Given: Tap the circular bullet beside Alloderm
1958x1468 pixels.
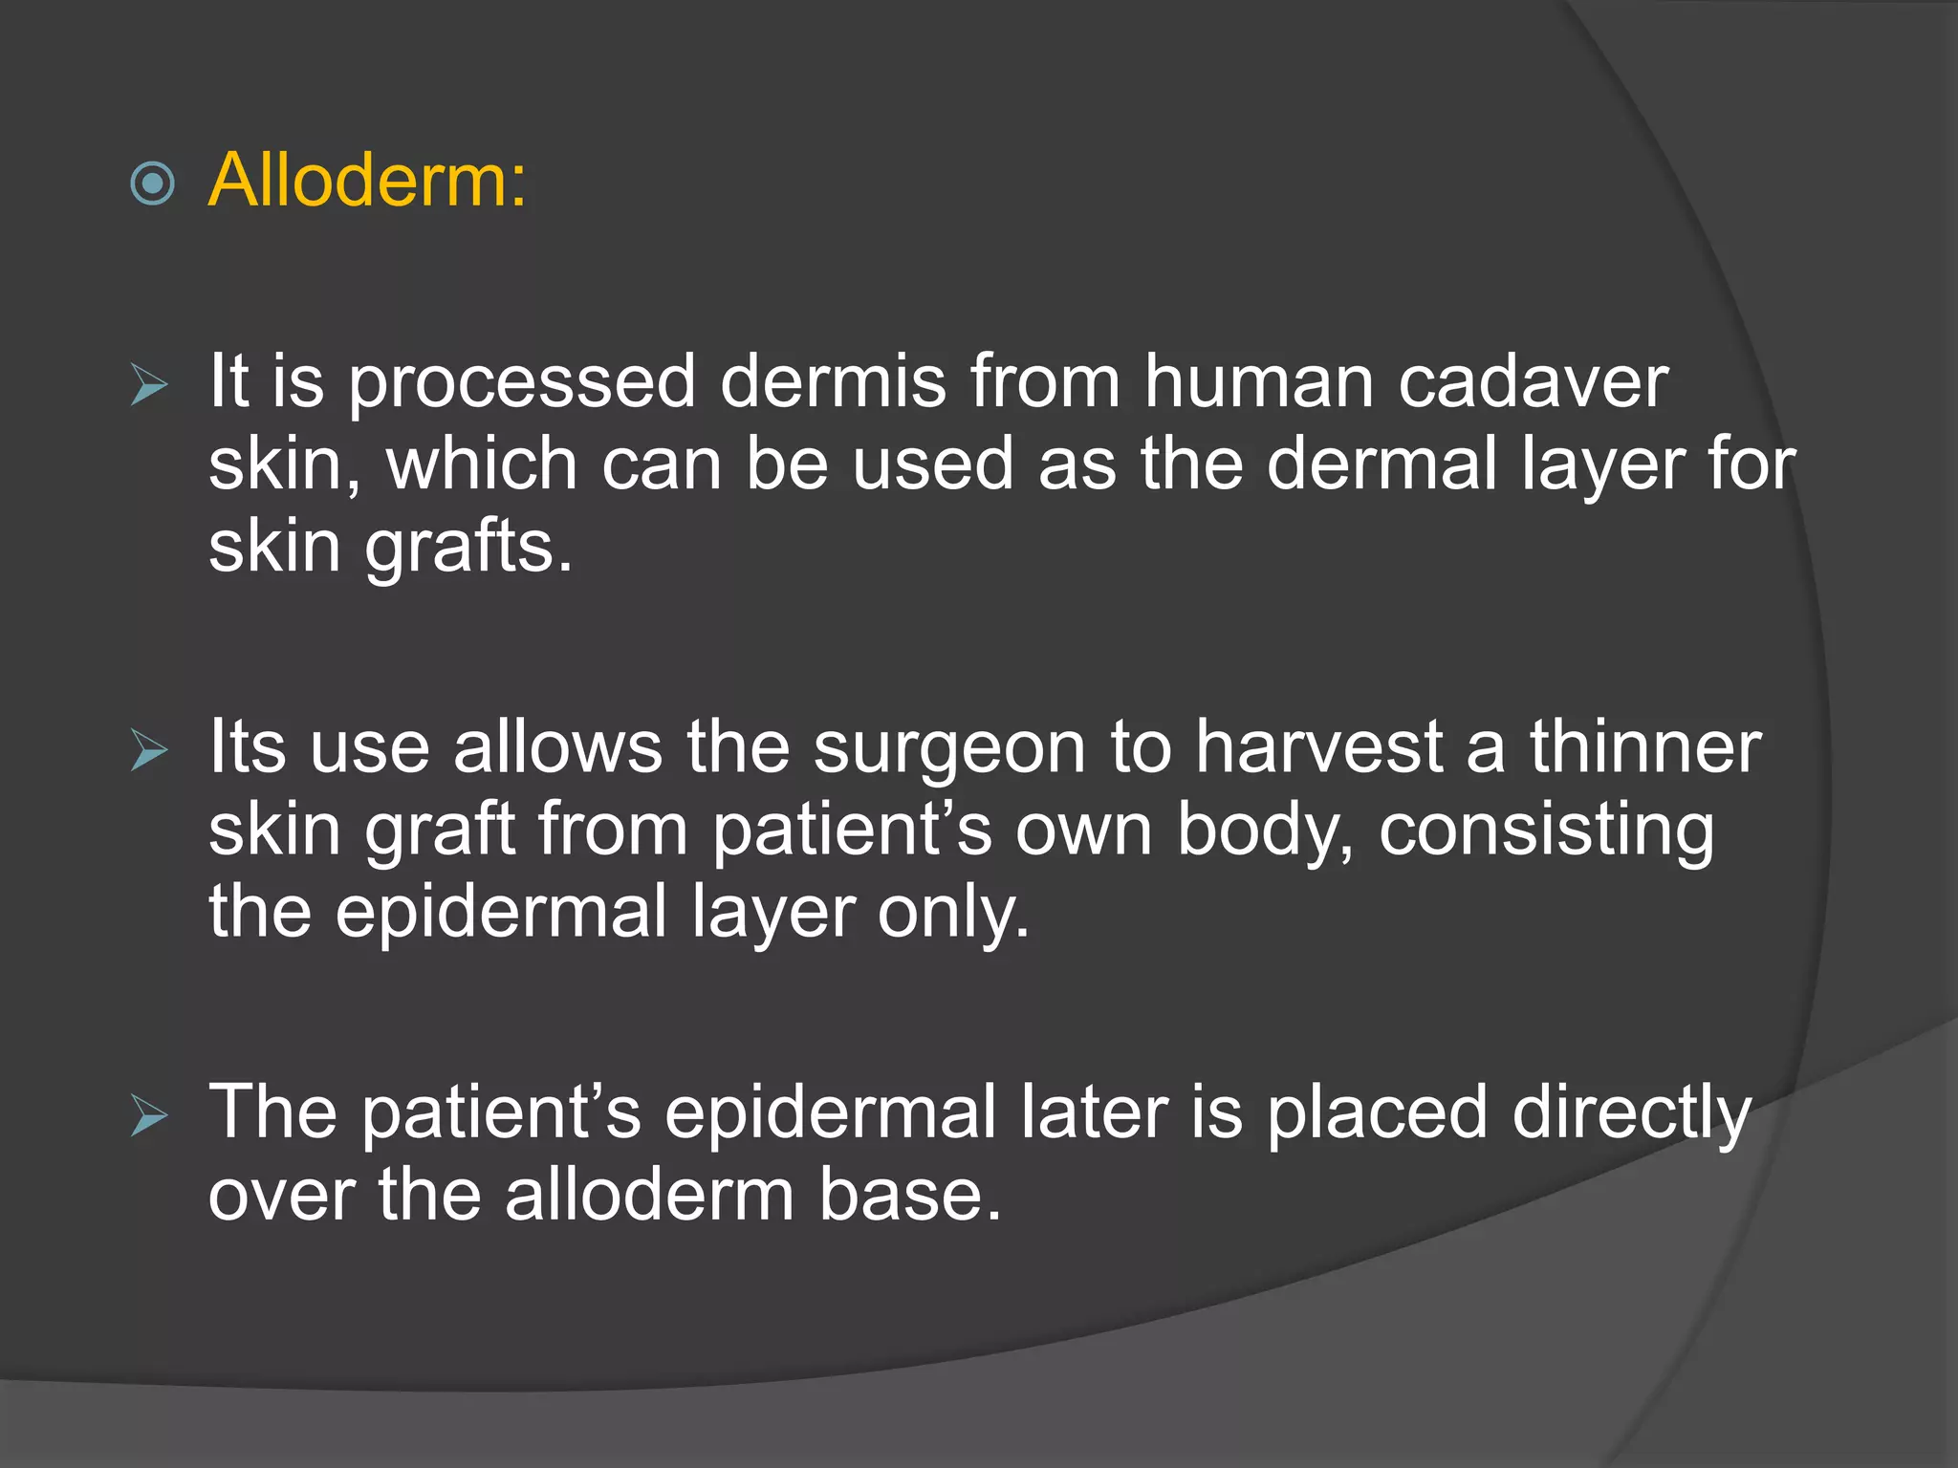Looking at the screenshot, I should (x=153, y=183).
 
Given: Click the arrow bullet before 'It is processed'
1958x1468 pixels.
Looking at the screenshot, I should (x=149, y=385).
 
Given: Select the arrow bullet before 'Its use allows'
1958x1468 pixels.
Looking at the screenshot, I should (x=149, y=750).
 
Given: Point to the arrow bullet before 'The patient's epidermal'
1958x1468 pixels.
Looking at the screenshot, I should (x=149, y=1115).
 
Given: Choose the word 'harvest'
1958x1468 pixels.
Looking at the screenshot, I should (x=1319, y=747).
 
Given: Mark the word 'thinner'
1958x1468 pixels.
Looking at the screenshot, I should (x=1644, y=747).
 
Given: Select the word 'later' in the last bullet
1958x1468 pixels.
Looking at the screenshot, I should (x=1093, y=1112).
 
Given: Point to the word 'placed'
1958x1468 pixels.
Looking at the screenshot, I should (x=1377, y=1112).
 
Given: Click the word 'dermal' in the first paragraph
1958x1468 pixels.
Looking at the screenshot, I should (x=1381, y=464).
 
